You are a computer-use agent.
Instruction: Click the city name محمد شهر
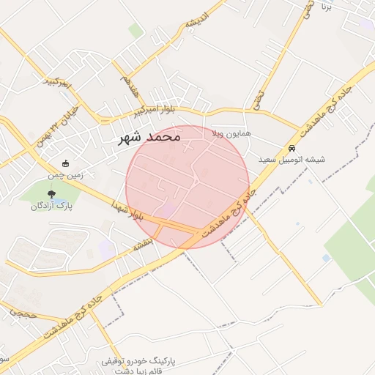149,137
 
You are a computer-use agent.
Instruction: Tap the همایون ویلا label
231,135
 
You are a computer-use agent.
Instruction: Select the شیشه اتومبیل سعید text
292,159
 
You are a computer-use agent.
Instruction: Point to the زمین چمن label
67,176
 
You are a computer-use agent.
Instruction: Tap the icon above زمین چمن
67,164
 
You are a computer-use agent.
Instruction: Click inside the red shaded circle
187,187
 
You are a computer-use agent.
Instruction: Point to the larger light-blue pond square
326,258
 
